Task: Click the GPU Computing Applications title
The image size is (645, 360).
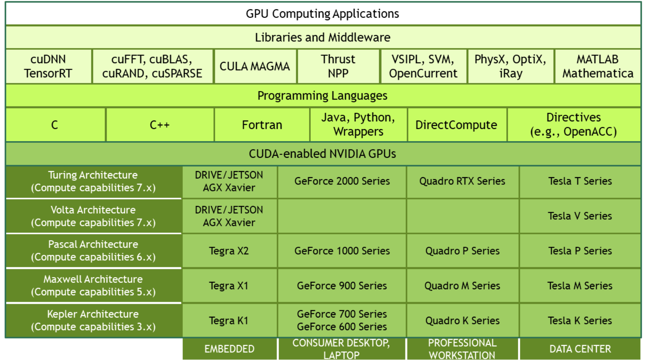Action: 322,14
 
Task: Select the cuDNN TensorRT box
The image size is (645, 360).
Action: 48,66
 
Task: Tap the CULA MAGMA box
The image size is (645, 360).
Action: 255,66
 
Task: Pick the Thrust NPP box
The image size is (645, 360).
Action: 338,66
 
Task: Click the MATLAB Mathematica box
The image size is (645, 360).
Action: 597,66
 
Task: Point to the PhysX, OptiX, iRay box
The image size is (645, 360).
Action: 510,66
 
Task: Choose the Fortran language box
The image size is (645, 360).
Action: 262,125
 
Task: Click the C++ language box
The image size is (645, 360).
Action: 159,125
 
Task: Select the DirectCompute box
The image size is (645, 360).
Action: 456,125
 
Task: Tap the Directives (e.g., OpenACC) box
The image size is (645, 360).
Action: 573,125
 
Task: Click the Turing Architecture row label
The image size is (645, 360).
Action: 93,181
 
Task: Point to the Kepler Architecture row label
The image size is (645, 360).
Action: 93,320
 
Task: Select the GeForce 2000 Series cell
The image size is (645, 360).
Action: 342,181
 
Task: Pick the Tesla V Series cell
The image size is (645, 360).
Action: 579,216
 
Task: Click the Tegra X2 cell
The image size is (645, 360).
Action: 229,251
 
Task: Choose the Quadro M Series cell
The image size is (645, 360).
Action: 462,286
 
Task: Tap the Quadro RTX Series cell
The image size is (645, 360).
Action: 462,181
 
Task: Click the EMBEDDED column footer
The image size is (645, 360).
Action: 229,349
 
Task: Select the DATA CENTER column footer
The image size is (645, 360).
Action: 580,349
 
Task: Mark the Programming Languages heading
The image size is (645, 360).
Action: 322,96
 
